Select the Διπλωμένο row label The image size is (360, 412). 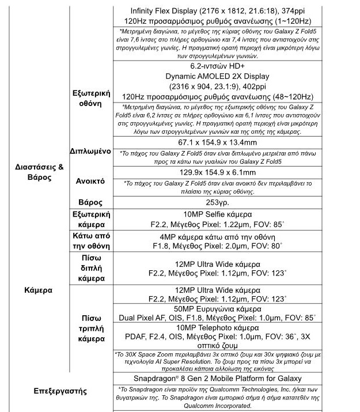tap(90, 152)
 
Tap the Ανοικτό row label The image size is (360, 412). tap(90, 180)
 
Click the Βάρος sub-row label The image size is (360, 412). tap(90, 202)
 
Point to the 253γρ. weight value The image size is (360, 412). tap(217, 202)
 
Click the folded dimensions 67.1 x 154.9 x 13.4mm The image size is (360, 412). tap(218, 142)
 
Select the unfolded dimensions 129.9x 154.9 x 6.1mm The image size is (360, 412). tap(218, 172)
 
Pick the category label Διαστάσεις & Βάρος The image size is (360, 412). tap(39, 172)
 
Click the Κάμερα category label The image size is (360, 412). tap(39, 290)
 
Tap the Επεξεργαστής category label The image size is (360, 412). tap(60, 391)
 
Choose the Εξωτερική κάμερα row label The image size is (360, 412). tap(90, 219)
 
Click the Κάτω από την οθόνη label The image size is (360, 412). tap(90, 241)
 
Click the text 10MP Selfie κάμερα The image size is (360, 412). tap(218, 214)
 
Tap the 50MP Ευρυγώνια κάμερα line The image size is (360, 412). tap(218, 308)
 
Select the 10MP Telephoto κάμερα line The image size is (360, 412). tap(218, 328)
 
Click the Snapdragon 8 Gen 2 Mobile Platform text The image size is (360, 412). tap(218, 380)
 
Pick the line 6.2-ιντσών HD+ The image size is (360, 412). tap(218, 66)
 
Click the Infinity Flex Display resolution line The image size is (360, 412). tap(218, 10)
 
